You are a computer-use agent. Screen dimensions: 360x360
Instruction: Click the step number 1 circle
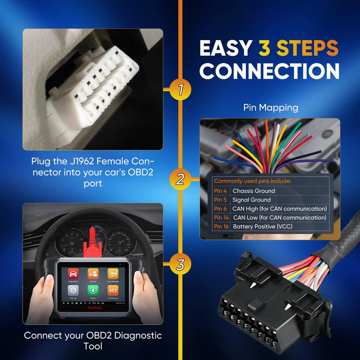[x=180, y=90]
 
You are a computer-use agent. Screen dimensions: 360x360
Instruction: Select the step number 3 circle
[x=180, y=265]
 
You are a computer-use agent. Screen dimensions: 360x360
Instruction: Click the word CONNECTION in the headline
[x=270, y=71]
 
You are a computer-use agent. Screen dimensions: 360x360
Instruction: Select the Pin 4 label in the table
[x=221, y=191]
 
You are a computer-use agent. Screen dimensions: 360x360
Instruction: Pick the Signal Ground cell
[x=252, y=200]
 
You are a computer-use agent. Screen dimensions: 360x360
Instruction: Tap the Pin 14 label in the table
[x=222, y=217]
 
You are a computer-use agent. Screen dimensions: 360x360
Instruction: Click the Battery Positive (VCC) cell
[x=262, y=226]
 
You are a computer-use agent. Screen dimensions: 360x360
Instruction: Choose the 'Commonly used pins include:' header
[x=252, y=181]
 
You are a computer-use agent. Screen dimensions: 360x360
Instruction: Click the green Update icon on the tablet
[x=93, y=290]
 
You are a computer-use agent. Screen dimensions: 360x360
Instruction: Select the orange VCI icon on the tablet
[x=113, y=290]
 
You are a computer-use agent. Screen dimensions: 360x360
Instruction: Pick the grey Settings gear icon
[x=73, y=290]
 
